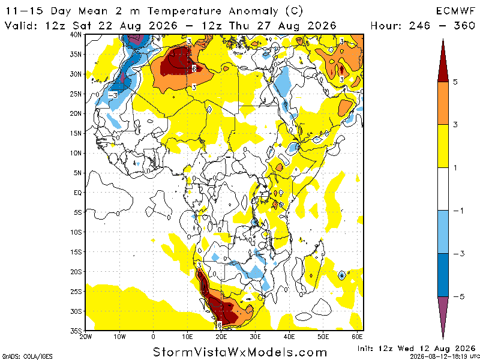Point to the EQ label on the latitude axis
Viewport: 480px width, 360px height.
79,193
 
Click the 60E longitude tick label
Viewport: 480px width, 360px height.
357,337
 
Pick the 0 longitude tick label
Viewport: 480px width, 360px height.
154,337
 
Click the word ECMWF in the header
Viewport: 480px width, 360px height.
455,11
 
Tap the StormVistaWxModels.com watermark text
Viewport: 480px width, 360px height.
239,352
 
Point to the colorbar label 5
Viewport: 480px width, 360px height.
455,82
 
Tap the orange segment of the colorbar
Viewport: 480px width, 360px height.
443,103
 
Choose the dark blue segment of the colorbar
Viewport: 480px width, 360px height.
443,275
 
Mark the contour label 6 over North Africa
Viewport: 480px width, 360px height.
194,69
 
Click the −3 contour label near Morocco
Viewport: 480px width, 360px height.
113,95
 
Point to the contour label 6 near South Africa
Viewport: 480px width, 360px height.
220,325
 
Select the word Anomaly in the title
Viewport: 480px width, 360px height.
253,11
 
